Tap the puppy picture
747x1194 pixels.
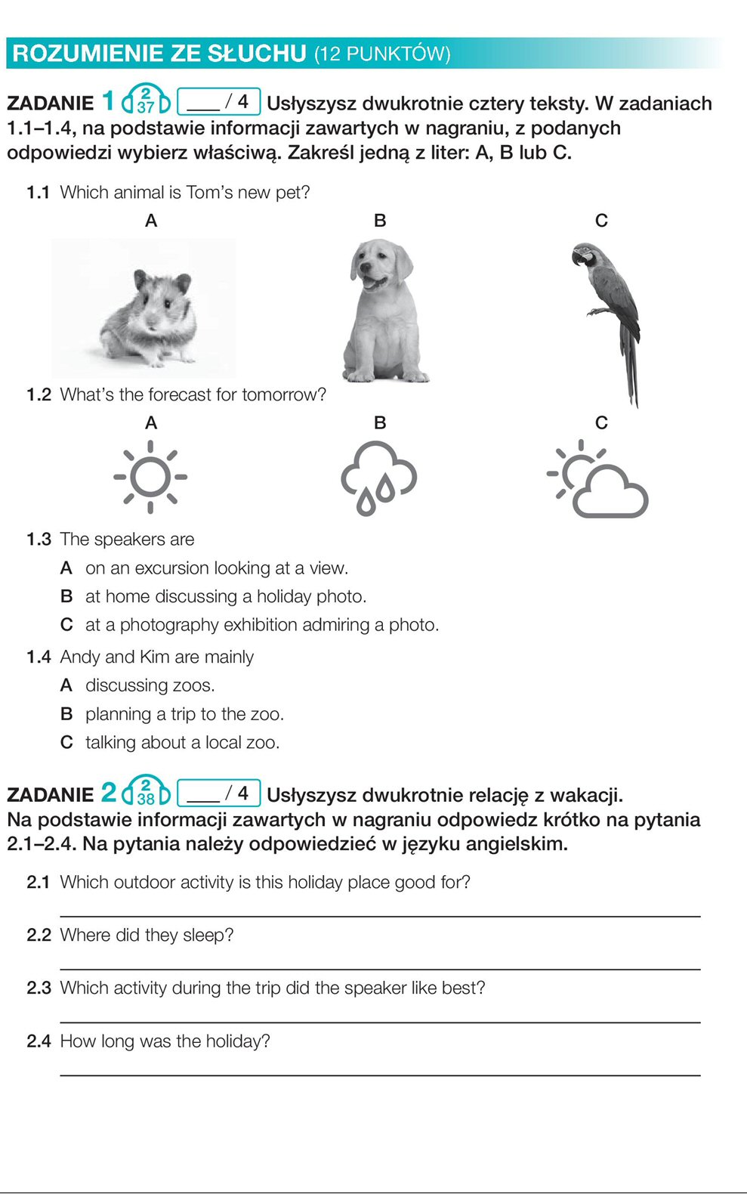coord(384,310)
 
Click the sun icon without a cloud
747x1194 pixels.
coord(150,477)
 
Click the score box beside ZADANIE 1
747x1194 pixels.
coord(219,101)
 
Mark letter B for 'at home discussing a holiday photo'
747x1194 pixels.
coord(66,597)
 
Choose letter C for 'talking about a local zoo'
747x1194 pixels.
coord(66,743)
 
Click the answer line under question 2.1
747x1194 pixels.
coord(379,915)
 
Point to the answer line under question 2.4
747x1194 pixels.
coord(379,1074)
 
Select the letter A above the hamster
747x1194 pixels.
coord(151,221)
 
